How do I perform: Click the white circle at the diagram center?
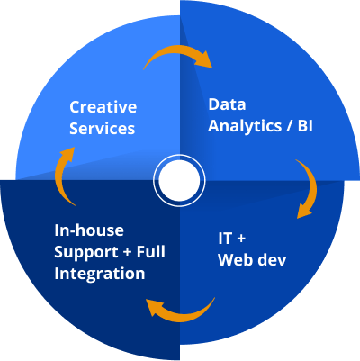point(179,180)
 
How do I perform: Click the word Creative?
point(103,107)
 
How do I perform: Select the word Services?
point(103,128)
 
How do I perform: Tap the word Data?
point(227,104)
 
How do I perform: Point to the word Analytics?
point(245,127)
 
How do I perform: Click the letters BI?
point(305,126)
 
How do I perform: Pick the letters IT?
point(225,239)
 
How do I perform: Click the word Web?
point(235,259)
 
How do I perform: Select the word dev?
point(271,259)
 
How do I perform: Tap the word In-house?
point(89,230)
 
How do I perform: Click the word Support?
point(86,253)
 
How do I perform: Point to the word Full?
point(151,251)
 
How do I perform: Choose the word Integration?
point(100,275)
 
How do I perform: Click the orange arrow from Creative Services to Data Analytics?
point(179,51)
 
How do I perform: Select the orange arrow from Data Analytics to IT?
point(313,186)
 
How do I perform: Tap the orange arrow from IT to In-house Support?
point(180,316)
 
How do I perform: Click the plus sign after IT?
point(240,239)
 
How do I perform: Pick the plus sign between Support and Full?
point(128,252)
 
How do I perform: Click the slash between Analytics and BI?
point(290,126)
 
